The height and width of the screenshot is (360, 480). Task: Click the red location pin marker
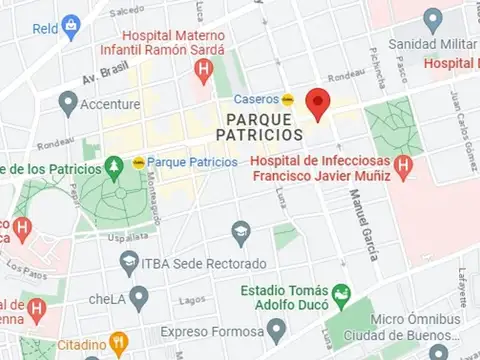point(318,103)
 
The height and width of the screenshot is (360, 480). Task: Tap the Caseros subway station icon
point(288,99)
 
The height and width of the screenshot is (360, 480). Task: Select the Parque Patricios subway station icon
point(137,162)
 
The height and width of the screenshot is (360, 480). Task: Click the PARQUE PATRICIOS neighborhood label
point(259,125)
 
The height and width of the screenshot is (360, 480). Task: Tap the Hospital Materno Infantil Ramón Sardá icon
point(204,69)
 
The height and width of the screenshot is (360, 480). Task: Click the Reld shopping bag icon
point(70,26)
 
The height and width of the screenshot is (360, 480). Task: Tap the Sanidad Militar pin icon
point(432,19)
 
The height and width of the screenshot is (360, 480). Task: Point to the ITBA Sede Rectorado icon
point(128,264)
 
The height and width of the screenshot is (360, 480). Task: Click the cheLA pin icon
point(139,297)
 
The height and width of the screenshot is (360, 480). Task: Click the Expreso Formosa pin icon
point(275,330)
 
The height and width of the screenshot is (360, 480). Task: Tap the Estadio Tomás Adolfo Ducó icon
point(341,295)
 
